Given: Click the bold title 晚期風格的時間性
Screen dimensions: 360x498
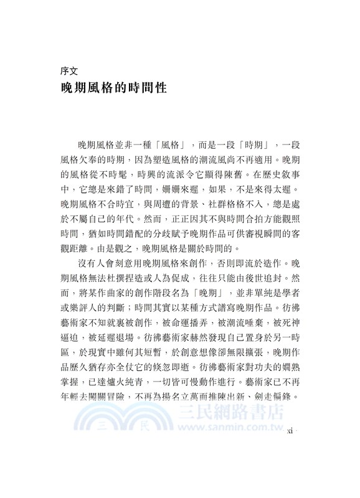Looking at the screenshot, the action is [x=113, y=88].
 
